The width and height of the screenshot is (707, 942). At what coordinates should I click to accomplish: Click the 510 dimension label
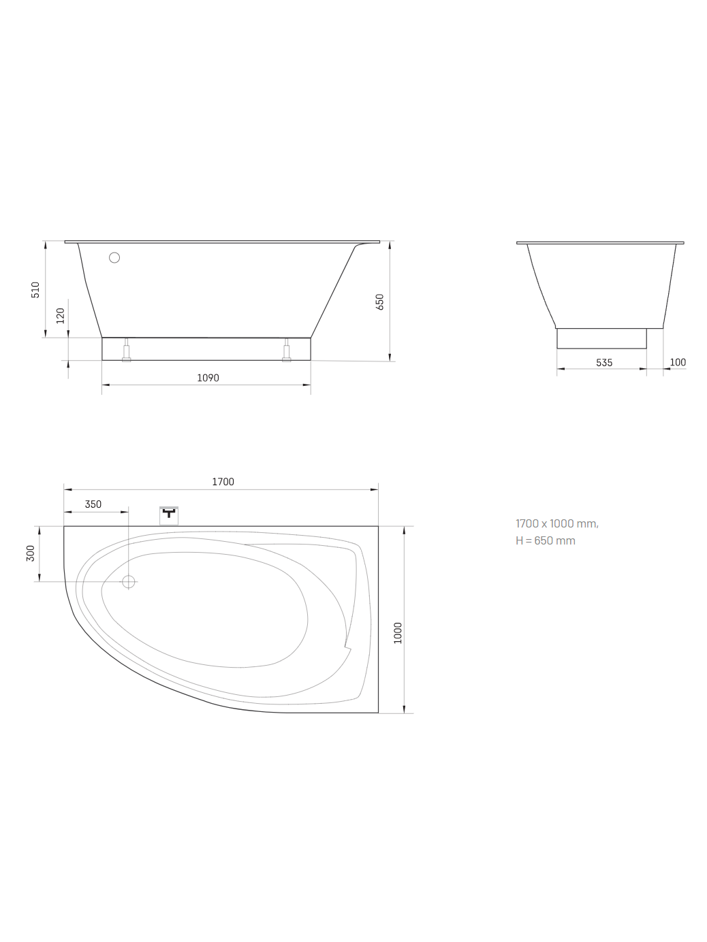(35, 290)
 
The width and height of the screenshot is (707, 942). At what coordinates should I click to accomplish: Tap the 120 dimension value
(61, 316)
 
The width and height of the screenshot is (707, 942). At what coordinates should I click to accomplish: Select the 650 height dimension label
(380, 302)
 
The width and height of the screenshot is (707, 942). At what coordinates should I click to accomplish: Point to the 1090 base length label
(208, 378)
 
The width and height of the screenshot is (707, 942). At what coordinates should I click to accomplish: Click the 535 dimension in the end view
(604, 363)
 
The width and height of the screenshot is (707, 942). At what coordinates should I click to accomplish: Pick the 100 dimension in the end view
(678, 362)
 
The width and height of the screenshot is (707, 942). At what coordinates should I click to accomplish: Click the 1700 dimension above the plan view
(223, 482)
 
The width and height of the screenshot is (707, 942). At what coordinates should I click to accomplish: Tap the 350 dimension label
(93, 504)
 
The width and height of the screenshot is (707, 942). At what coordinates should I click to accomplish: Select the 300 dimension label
(31, 553)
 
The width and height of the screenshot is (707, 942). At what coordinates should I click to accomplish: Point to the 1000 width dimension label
(398, 633)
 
